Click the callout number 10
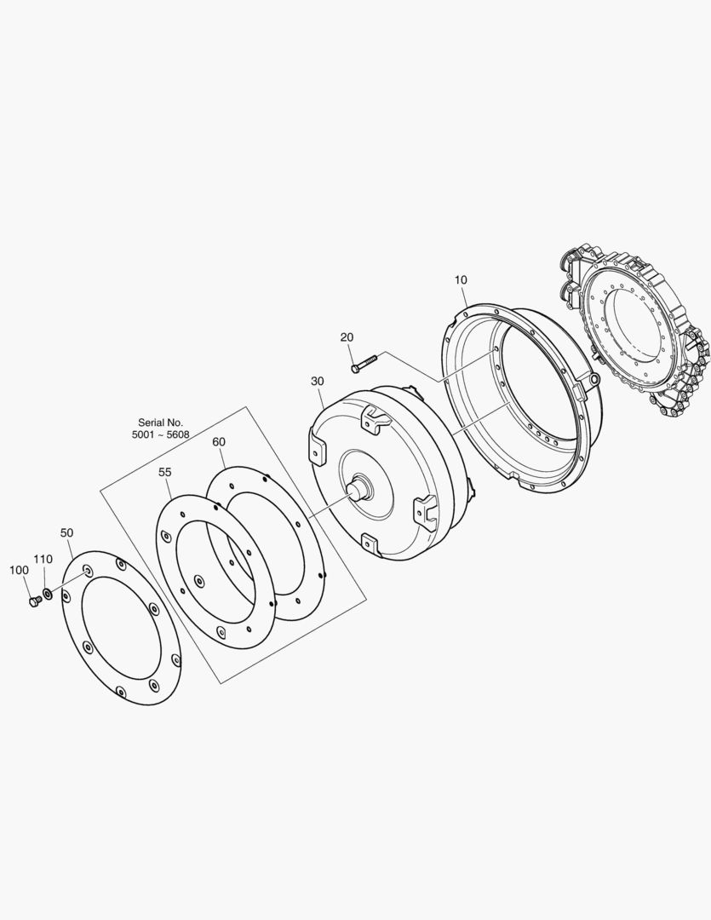pos(462,280)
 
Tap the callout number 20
pos(347,337)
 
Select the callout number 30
pos(317,382)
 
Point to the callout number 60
pos(218,442)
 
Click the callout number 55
pos(165,472)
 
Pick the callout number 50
pos(67,532)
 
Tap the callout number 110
pos(43,559)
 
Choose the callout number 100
pos(19,570)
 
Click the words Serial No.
pos(161,423)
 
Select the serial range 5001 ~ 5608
pos(161,434)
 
